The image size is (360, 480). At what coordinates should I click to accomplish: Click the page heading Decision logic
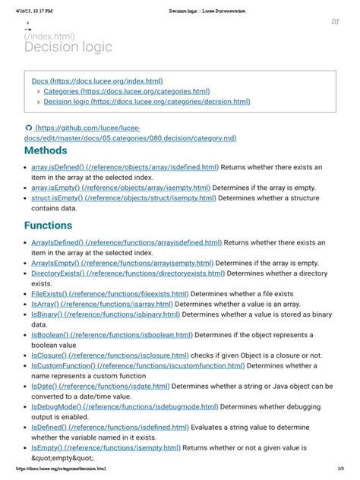(x=68, y=47)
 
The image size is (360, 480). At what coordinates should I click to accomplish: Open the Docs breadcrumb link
(x=97, y=81)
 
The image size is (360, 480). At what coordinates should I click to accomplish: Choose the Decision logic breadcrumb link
(x=147, y=102)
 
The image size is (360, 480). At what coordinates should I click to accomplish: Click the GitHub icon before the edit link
(x=29, y=128)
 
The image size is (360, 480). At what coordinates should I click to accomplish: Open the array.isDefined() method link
(x=125, y=166)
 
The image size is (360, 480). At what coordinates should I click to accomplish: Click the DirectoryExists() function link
(x=128, y=273)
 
